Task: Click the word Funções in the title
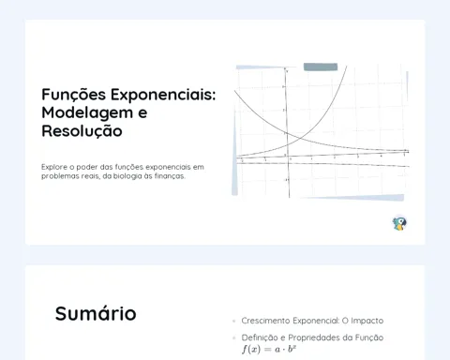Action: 74,95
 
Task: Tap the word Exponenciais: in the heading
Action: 163,96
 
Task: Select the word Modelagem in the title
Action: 87,113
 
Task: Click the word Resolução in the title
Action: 82,131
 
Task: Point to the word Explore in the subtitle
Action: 54,167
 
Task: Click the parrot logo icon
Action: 399,224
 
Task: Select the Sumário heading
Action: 96,313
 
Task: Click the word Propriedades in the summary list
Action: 314,337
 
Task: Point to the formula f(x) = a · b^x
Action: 269,349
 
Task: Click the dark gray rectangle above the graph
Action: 321,67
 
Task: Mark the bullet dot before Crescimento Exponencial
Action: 234,321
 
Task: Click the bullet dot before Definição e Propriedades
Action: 234,337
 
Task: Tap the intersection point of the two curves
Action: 299,138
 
